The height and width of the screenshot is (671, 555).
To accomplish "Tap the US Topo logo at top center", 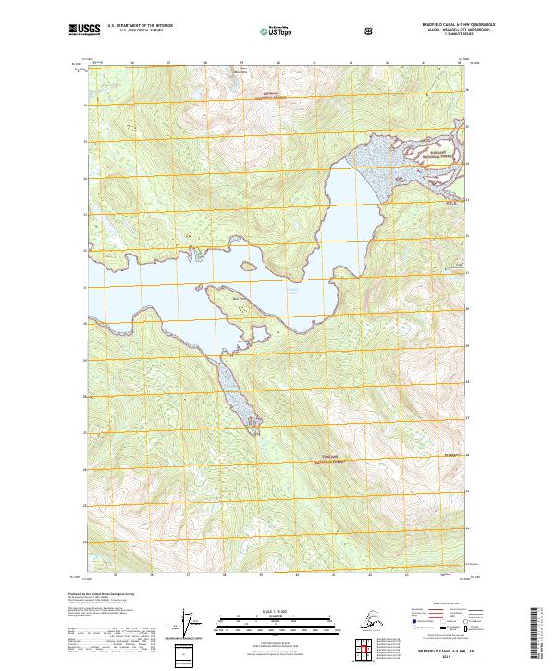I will (x=275, y=31).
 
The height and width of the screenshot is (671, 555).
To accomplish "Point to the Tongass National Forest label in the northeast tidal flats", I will (x=436, y=154).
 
